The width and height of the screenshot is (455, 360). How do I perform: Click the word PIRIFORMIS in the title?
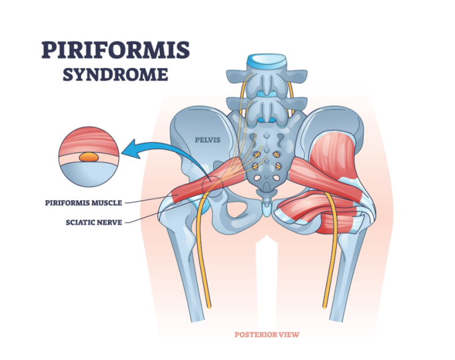point(116,50)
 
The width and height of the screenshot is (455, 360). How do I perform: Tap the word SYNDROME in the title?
point(116,75)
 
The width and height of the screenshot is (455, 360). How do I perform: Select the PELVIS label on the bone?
point(208,140)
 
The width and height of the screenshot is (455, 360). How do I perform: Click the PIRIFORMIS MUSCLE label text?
point(83,203)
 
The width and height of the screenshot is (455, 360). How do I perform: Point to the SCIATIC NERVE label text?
point(94,222)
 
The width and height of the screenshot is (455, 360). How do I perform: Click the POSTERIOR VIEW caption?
point(266,334)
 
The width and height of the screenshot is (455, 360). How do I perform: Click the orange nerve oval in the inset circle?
point(89,157)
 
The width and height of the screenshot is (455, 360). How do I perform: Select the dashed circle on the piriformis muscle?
point(212,187)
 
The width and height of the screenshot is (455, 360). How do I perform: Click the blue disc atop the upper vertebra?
point(267,60)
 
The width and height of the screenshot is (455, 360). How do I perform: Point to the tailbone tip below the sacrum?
point(266,211)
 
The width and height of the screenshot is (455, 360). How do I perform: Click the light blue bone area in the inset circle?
point(89,174)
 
